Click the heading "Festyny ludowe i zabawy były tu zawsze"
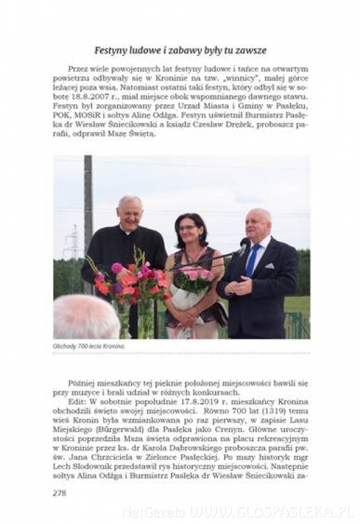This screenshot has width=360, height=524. tap(181, 51)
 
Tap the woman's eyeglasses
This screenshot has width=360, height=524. tap(188, 228)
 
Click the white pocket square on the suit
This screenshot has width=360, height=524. tap(269, 265)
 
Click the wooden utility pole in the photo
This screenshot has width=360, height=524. tap(88, 215)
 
